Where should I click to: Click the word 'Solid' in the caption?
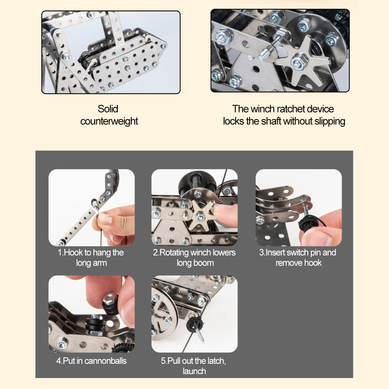coord(108,109)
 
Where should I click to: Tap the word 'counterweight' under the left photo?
coord(109,121)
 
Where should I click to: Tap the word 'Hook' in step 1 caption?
coord(74,252)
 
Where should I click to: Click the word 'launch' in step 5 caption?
coord(194,371)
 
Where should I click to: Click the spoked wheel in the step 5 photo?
coord(164,314)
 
